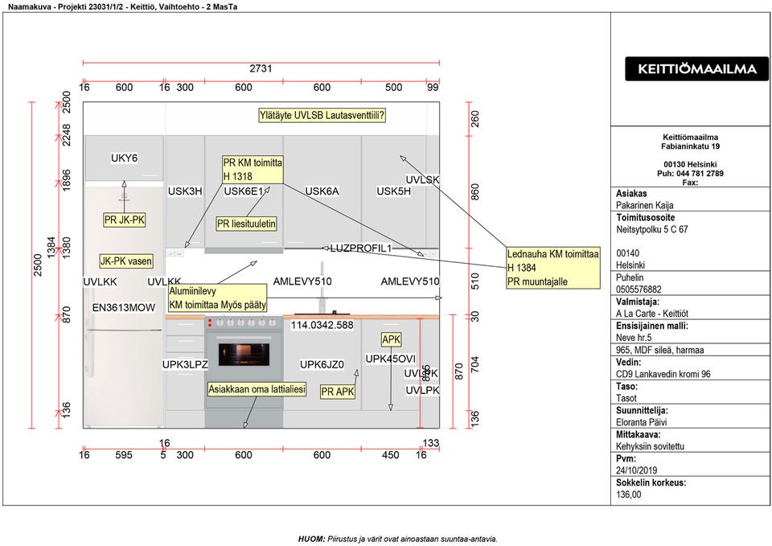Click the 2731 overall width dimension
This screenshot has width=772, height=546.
261,69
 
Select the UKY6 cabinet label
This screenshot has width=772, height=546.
125,158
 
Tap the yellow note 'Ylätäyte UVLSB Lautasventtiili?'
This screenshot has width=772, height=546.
322,116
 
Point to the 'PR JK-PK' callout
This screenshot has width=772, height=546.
125,220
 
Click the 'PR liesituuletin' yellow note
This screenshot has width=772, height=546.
247,224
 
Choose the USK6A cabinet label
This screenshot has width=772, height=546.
322,191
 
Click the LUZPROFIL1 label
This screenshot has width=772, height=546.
360,248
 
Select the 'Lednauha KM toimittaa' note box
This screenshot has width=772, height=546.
553,268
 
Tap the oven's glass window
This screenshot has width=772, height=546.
243,353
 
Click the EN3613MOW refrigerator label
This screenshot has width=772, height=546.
124,308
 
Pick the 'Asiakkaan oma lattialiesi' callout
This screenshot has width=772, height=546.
257,389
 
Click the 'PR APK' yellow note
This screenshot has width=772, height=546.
339,392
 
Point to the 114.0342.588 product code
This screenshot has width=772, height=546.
322,326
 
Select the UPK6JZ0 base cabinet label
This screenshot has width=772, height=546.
322,365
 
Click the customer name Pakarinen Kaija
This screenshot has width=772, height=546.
646,206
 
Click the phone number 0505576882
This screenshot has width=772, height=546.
639,289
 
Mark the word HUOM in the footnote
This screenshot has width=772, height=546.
311,539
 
